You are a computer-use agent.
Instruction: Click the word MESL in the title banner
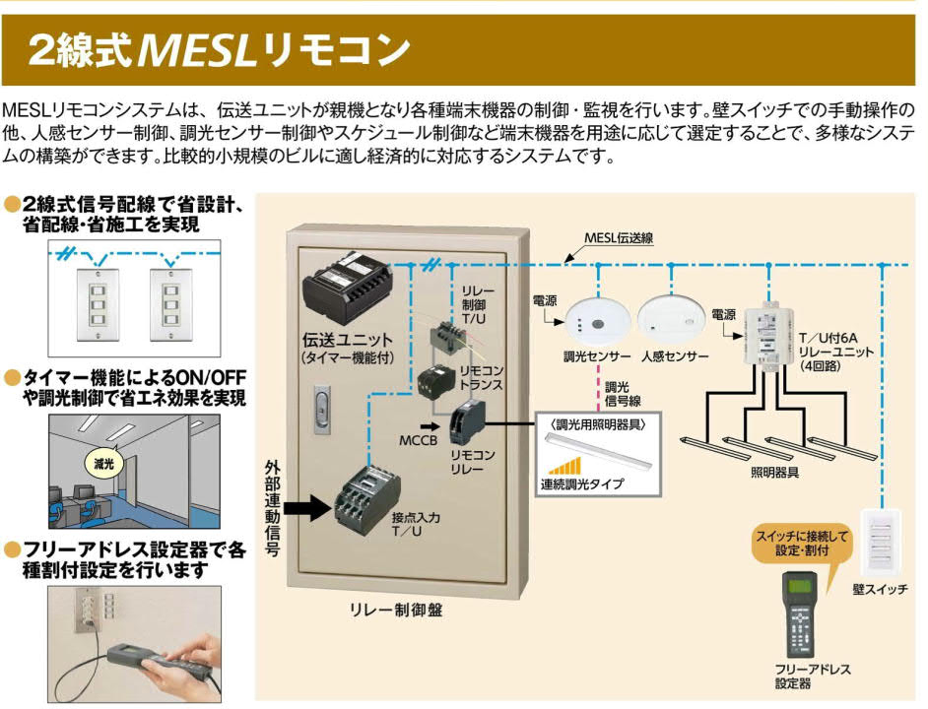tap(192, 50)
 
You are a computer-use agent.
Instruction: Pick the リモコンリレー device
tap(464, 425)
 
